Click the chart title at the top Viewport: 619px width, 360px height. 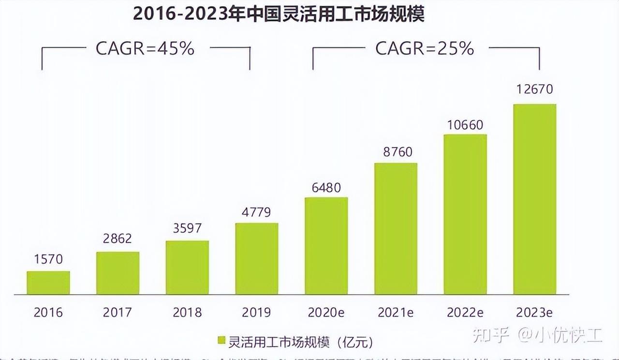[x=279, y=14]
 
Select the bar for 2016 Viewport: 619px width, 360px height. [x=48, y=283]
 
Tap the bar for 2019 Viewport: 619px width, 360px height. [x=257, y=258]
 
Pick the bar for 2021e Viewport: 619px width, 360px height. [x=396, y=228]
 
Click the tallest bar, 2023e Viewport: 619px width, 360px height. [x=534, y=199]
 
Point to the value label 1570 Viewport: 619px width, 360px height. [x=48, y=259]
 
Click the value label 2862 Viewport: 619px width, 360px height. [x=118, y=239]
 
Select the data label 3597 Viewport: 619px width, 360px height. [x=187, y=228]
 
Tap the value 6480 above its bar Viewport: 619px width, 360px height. [x=326, y=187]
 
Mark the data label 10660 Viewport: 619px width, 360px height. [x=465, y=125]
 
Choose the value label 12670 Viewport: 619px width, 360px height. [x=534, y=90]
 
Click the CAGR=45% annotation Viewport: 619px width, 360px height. [x=145, y=49]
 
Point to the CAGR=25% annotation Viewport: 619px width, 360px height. [x=425, y=49]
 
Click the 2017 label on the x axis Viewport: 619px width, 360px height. [x=118, y=313]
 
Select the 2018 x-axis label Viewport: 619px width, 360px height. [x=187, y=313]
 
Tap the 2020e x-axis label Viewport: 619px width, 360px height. [x=326, y=313]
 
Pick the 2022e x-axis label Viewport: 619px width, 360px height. [x=465, y=313]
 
